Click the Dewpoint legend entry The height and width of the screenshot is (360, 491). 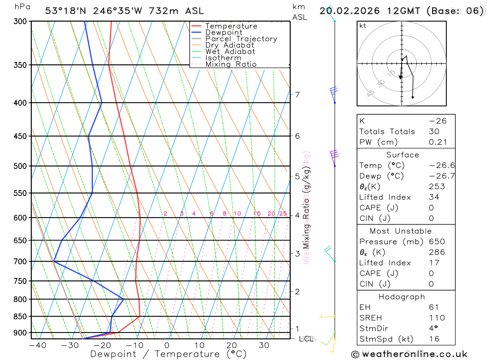223,32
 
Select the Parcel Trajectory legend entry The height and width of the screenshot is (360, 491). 241,39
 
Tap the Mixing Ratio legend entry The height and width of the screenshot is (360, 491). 231,64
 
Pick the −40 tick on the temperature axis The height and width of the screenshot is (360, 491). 37,345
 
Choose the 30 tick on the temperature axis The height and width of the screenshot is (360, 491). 264,345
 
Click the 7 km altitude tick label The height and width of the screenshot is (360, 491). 298,94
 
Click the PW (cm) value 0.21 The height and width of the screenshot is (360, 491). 437,142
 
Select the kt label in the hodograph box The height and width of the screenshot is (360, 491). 363,26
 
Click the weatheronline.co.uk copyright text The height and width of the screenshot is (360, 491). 409,354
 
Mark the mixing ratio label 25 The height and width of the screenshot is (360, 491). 283,214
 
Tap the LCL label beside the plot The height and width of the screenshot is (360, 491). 305,339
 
